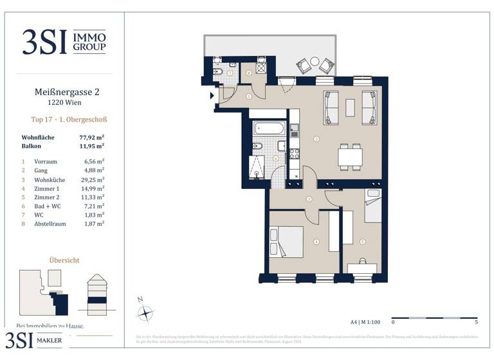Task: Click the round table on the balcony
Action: point(315,62)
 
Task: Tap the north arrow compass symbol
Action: point(147,313)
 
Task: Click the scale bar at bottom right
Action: point(434,317)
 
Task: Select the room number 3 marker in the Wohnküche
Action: point(315,139)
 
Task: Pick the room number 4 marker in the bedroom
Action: point(316,242)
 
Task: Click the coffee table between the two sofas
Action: point(350,107)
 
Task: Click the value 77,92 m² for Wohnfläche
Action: point(91,138)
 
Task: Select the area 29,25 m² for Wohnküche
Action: point(93,181)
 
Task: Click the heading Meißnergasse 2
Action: point(66,92)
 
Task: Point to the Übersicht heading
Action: point(64,260)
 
